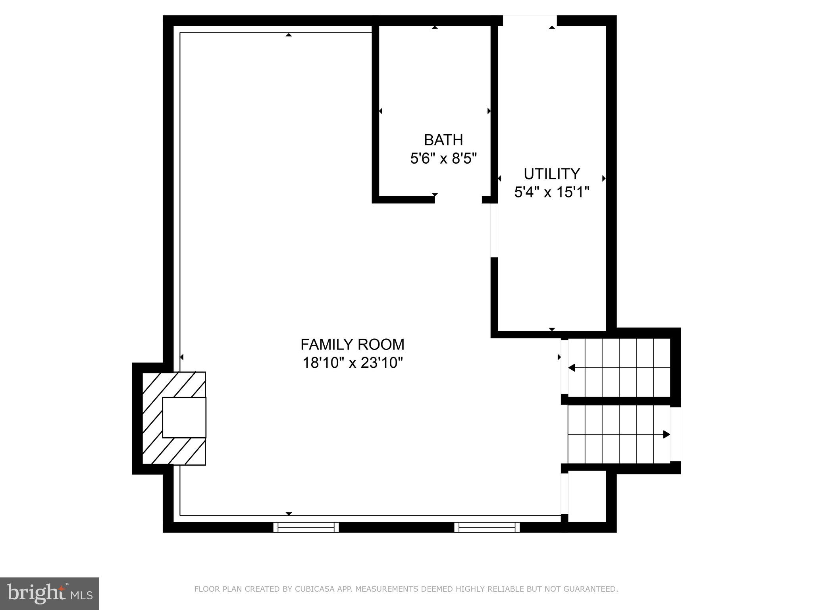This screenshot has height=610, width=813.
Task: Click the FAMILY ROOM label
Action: pyautogui.click(x=352, y=344)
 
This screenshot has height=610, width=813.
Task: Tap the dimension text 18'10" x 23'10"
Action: pyautogui.click(x=352, y=363)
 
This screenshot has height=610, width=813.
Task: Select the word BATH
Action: pyautogui.click(x=443, y=140)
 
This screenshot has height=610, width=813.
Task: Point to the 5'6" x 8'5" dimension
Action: pyautogui.click(x=443, y=159)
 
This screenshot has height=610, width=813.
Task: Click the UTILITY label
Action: pyautogui.click(x=551, y=174)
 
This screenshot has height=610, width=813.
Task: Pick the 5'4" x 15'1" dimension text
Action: pyautogui.click(x=551, y=193)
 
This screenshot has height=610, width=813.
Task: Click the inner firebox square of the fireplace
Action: pyautogui.click(x=184, y=417)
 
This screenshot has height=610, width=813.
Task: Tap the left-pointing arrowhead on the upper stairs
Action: pyautogui.click(x=572, y=368)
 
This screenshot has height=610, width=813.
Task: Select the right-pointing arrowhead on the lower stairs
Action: pyautogui.click(x=667, y=434)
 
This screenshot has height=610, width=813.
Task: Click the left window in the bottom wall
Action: pyautogui.click(x=306, y=527)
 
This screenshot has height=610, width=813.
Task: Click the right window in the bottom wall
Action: pyautogui.click(x=487, y=527)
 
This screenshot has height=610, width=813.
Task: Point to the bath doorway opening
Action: pyautogui.click(x=458, y=200)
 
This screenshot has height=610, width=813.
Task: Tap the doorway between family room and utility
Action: pyautogui.click(x=494, y=230)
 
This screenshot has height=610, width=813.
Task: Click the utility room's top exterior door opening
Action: pyautogui.click(x=530, y=21)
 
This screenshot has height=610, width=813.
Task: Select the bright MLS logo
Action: pyautogui.click(x=49, y=593)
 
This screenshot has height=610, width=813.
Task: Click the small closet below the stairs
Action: pyautogui.click(x=587, y=496)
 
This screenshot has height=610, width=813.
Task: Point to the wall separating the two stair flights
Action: pyautogui.click(x=619, y=401)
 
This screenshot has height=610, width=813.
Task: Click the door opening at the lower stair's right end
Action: pyautogui.click(x=675, y=434)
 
